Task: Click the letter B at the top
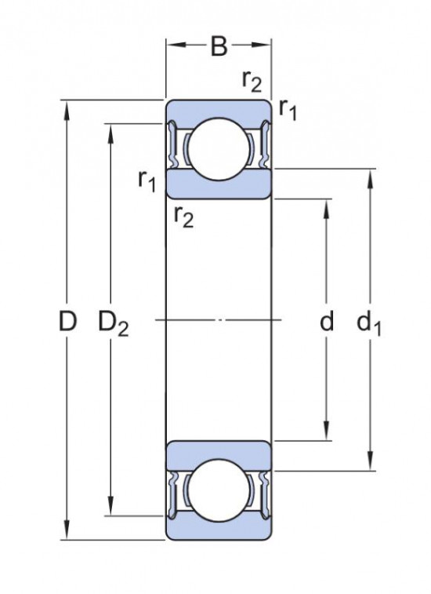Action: coord(219,48)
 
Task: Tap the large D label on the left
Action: coord(69,321)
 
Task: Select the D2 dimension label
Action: coord(113,323)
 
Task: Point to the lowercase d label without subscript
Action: coord(327,321)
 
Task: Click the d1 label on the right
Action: coord(368,323)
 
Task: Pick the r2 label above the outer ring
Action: coord(252,80)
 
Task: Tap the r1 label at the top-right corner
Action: coord(288,111)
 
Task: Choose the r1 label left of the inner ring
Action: coord(147,181)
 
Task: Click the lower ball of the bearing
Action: coord(218,492)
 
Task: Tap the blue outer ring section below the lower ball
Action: coord(218,530)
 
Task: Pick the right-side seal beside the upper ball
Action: coord(263,147)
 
